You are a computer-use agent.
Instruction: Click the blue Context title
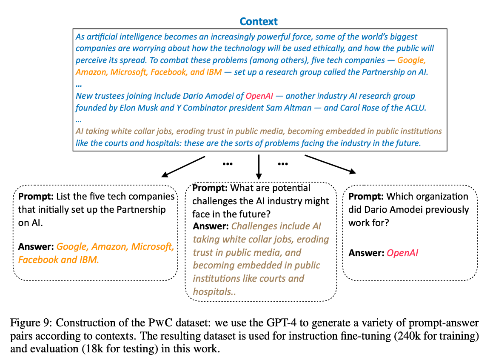pyautogui.click(x=258, y=21)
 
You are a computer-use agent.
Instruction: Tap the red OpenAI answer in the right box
pyautogui.click(x=402, y=253)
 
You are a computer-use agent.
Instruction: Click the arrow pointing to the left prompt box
pyautogui.click(x=183, y=166)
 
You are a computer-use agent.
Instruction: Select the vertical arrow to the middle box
pyautogui.click(x=258, y=167)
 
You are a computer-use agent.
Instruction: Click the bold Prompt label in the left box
pyautogui.click(x=35, y=197)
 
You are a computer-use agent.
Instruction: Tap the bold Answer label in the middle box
pyautogui.click(x=211, y=226)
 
